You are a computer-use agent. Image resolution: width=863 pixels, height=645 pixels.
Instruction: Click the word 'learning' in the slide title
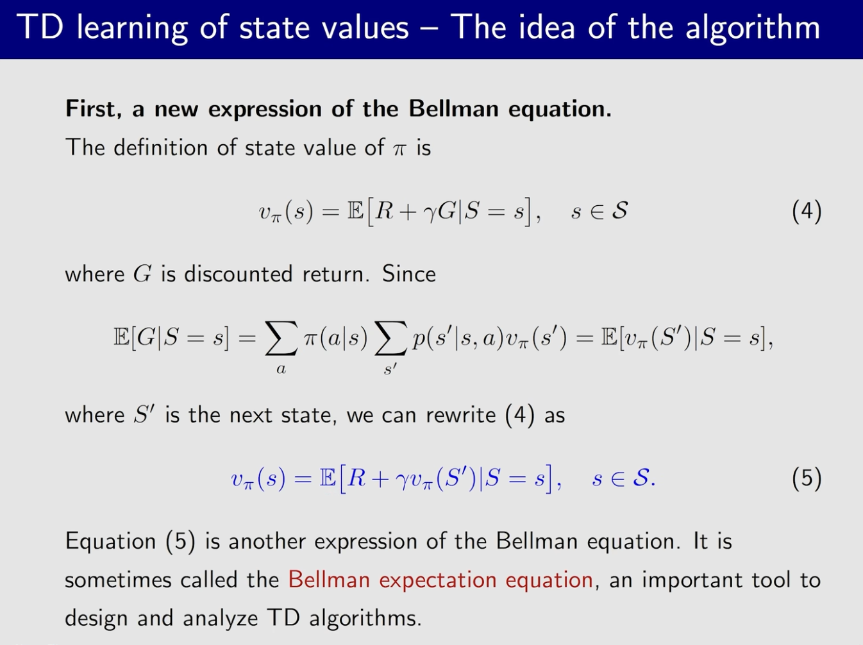[x=131, y=28]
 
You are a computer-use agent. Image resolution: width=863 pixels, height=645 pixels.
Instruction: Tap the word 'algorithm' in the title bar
[x=753, y=28]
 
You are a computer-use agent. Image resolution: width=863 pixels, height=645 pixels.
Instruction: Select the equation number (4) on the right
[x=807, y=212]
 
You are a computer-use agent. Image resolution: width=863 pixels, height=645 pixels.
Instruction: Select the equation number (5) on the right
[x=807, y=479]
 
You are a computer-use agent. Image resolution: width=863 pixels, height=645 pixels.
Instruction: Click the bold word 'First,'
[x=94, y=109]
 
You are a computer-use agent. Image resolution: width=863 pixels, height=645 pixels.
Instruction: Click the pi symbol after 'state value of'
[x=399, y=149]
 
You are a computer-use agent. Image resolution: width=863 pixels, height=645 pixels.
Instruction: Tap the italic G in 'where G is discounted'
[x=142, y=274]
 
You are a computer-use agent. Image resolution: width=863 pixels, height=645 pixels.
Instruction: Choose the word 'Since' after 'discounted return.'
[x=409, y=274]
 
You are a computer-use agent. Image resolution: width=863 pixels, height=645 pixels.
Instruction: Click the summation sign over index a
[x=281, y=338]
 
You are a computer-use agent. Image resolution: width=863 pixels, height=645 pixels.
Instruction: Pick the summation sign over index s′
[x=390, y=338]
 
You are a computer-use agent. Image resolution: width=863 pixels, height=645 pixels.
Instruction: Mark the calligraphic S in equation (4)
[x=619, y=211]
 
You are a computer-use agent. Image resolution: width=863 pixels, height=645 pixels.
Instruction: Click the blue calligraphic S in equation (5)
[x=641, y=478]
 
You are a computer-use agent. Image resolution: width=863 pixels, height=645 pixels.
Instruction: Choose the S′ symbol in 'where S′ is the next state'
[x=144, y=415]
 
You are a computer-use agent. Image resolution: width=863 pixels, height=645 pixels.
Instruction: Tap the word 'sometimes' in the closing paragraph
[x=118, y=580]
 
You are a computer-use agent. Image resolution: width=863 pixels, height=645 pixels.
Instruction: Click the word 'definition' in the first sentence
[x=160, y=148]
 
